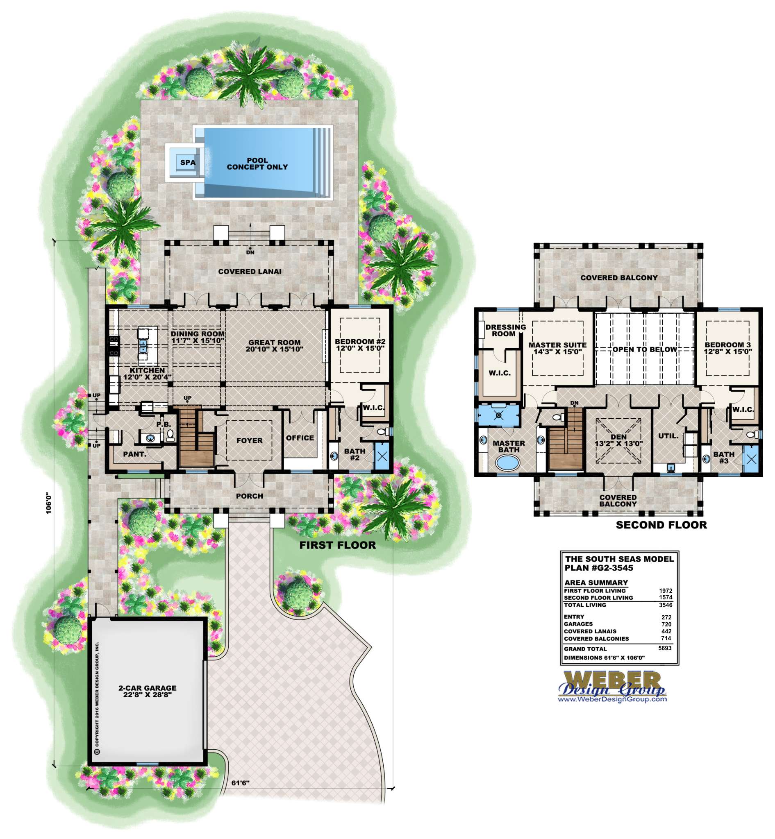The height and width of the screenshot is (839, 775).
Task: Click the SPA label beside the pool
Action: (188, 163)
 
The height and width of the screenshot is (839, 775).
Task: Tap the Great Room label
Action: (274, 342)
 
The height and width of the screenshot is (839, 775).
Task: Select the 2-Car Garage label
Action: (147, 688)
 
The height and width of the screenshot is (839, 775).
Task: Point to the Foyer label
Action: (250, 441)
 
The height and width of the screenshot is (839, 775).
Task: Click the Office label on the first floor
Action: (300, 438)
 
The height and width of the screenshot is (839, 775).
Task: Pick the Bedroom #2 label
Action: (360, 342)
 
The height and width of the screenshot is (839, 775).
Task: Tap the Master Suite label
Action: (557, 345)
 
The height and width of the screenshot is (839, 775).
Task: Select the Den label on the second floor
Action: (618, 437)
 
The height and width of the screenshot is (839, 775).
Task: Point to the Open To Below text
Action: (645, 349)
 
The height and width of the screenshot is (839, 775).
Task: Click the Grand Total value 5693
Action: (665, 648)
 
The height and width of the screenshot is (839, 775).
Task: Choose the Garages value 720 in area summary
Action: (666, 624)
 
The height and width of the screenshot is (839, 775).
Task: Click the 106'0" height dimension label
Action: (49, 503)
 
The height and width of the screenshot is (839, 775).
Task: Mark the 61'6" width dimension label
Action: (240, 783)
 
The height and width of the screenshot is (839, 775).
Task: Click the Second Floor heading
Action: (661, 525)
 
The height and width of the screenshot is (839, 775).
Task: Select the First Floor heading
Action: (338, 545)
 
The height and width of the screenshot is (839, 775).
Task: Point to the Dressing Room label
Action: (505, 331)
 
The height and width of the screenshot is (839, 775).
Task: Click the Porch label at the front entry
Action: (250, 496)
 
